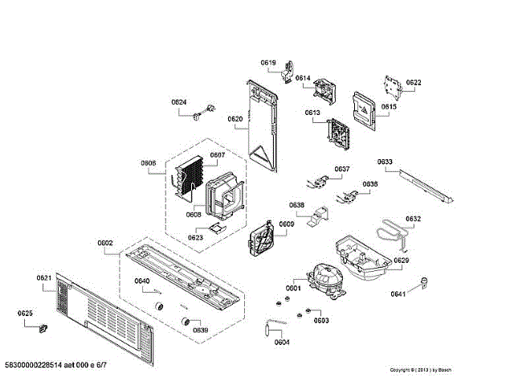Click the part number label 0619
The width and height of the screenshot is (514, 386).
click(x=267, y=63)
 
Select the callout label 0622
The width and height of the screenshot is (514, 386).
click(x=414, y=83)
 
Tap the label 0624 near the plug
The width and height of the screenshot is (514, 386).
click(x=178, y=102)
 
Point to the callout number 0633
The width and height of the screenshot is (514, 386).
click(x=385, y=162)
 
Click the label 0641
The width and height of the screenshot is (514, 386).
click(x=398, y=294)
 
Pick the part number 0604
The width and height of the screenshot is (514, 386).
click(x=281, y=343)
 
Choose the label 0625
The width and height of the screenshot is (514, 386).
click(x=25, y=313)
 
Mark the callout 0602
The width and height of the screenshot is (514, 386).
click(x=105, y=243)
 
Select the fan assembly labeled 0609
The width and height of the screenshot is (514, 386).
click(x=262, y=239)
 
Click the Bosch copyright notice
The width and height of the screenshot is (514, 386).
click(x=420, y=370)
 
